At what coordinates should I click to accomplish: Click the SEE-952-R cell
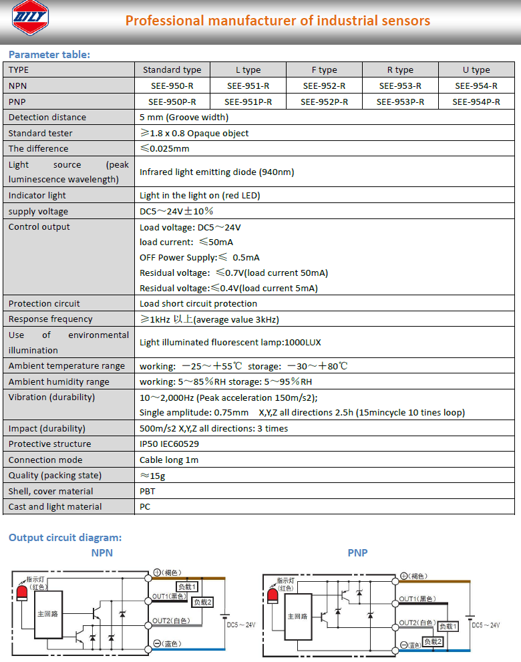[x=324, y=86]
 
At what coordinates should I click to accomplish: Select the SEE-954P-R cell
[x=476, y=102]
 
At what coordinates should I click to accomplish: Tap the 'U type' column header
[x=476, y=69]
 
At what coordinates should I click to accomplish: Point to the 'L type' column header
[x=248, y=69]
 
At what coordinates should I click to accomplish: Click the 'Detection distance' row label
[x=47, y=117]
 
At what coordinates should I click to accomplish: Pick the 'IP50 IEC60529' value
[x=169, y=444]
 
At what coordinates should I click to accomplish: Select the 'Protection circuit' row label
[x=44, y=303]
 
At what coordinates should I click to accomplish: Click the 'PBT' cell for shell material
[x=148, y=491]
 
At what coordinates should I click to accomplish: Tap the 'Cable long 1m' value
[x=169, y=460]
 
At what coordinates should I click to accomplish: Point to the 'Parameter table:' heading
[x=49, y=54]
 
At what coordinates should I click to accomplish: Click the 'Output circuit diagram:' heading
[x=65, y=537]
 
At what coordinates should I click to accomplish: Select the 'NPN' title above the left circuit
[x=102, y=552]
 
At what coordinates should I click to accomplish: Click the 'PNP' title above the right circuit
[x=357, y=552]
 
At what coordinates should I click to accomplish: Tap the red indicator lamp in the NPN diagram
[x=21, y=593]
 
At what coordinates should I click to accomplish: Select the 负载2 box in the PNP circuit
[x=432, y=641]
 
